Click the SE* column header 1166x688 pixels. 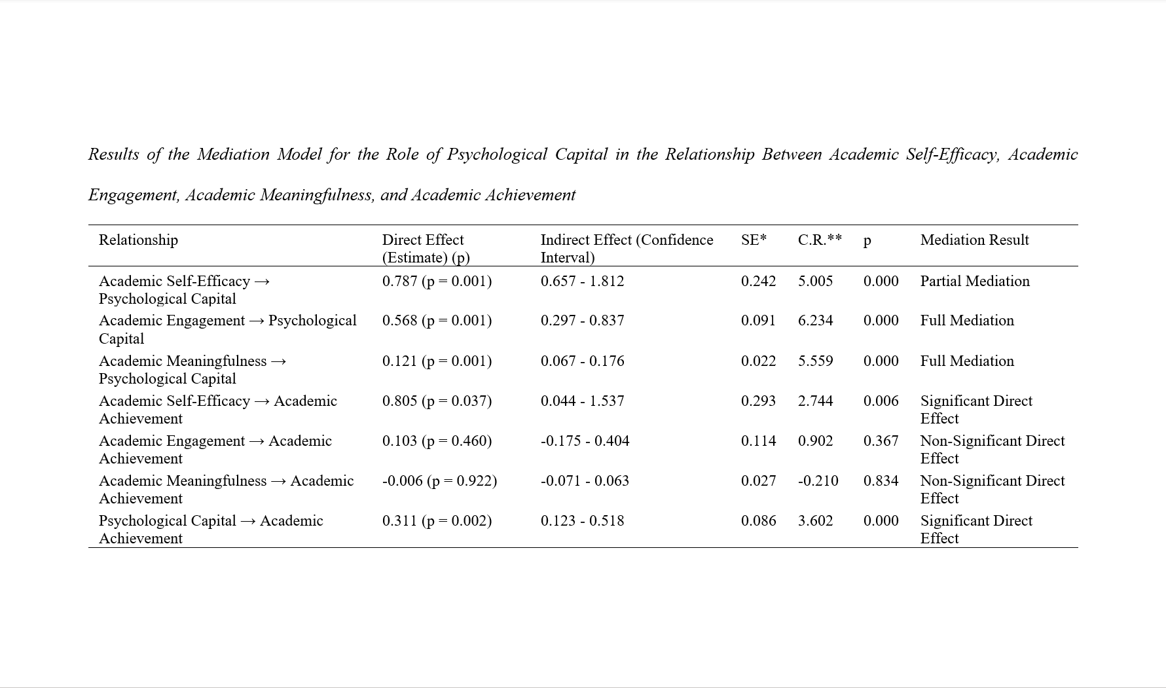(754, 240)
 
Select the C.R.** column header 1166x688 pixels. (820, 240)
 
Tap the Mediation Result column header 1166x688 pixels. (974, 240)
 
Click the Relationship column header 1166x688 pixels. (138, 240)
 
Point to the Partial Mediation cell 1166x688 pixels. (975, 281)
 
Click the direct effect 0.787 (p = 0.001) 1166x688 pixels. (437, 281)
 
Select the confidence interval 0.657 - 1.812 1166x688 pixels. (582, 281)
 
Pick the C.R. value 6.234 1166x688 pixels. (815, 321)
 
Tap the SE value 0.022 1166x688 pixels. (758, 361)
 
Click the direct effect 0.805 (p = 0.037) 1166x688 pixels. (437, 401)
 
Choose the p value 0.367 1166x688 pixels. (881, 441)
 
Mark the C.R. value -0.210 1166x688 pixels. (818, 481)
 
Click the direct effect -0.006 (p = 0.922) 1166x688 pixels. (439, 481)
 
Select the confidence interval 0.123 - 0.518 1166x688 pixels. (582, 521)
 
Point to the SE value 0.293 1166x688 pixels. (758, 401)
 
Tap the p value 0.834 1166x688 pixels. (881, 481)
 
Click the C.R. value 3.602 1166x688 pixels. (815, 521)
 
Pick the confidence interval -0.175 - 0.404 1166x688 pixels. (585, 441)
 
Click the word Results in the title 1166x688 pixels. (114, 154)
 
